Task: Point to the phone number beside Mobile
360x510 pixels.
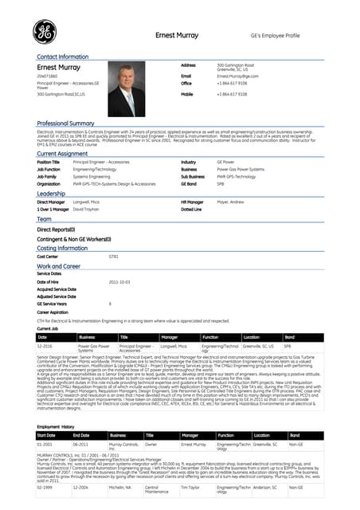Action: (232, 94)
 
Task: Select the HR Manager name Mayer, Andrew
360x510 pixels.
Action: (231, 202)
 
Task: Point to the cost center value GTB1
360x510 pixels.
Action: (114, 257)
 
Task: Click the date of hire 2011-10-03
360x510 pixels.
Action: (119, 282)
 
